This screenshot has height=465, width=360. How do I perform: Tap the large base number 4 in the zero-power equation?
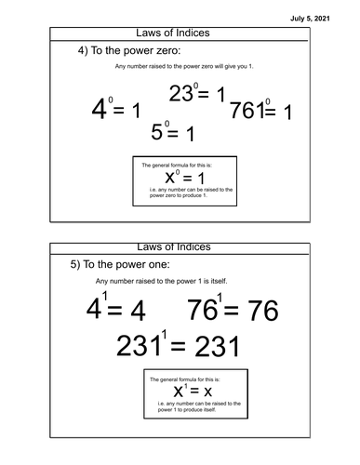99,113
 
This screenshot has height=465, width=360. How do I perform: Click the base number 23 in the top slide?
181,94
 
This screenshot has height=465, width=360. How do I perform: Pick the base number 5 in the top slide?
157,133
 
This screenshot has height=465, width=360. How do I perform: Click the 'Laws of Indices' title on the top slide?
180,33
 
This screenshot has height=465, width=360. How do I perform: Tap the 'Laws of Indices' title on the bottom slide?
180,247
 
